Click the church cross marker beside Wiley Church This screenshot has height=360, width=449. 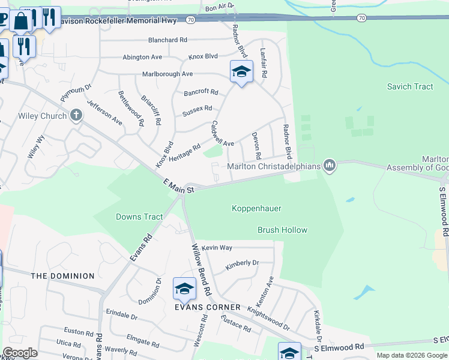[x=76, y=116]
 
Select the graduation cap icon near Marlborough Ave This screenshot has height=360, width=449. [x=241, y=72]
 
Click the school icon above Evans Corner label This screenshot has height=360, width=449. [x=184, y=289]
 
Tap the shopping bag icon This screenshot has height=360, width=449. [x=20, y=22]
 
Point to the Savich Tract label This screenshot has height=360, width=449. [x=410, y=86]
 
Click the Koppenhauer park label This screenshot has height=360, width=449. [x=256, y=208]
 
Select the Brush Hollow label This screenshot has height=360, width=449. [x=282, y=230]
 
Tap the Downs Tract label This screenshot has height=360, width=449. [x=139, y=217]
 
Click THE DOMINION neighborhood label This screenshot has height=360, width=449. [x=62, y=276]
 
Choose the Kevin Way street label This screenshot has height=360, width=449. [x=217, y=247]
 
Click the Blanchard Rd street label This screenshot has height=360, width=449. [x=167, y=40]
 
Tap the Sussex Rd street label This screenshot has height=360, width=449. [x=197, y=109]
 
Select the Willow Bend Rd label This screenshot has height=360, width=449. [x=200, y=269]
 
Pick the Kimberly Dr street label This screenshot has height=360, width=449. [x=242, y=263]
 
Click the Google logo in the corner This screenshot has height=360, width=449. [x=20, y=353]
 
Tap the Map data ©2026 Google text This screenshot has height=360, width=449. [x=411, y=355]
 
